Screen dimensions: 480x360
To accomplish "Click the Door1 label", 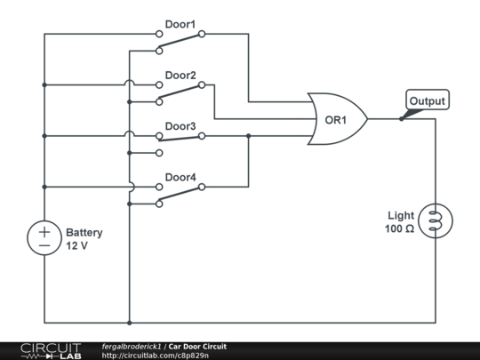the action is [180, 25].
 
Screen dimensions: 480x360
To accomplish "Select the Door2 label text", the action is [180, 76].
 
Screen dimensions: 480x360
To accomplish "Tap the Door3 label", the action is [180, 126].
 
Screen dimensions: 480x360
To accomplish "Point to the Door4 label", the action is [180, 177].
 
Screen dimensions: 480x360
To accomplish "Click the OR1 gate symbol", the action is [337, 119].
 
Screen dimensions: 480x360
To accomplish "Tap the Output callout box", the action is [428, 100].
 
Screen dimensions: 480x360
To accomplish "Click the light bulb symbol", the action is [436, 220].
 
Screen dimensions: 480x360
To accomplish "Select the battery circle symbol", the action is [44, 238].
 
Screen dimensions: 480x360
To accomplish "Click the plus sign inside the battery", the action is [44, 232].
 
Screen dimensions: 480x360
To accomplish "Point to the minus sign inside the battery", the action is [44, 245].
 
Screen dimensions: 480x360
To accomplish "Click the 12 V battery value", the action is [76, 245].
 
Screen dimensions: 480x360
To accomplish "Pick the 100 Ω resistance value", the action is [399, 228].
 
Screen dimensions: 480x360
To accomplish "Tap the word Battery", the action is [84, 233].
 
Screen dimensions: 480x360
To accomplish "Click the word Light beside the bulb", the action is [401, 215].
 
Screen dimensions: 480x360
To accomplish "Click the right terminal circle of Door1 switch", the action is [202, 34].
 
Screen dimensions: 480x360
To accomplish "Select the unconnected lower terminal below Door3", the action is [159, 153].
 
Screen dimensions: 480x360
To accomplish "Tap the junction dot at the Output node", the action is [401, 119].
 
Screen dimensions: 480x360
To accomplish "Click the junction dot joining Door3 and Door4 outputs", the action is [248, 136].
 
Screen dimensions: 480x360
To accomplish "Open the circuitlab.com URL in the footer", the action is [156, 356].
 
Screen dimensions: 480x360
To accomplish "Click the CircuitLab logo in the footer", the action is [51, 351].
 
